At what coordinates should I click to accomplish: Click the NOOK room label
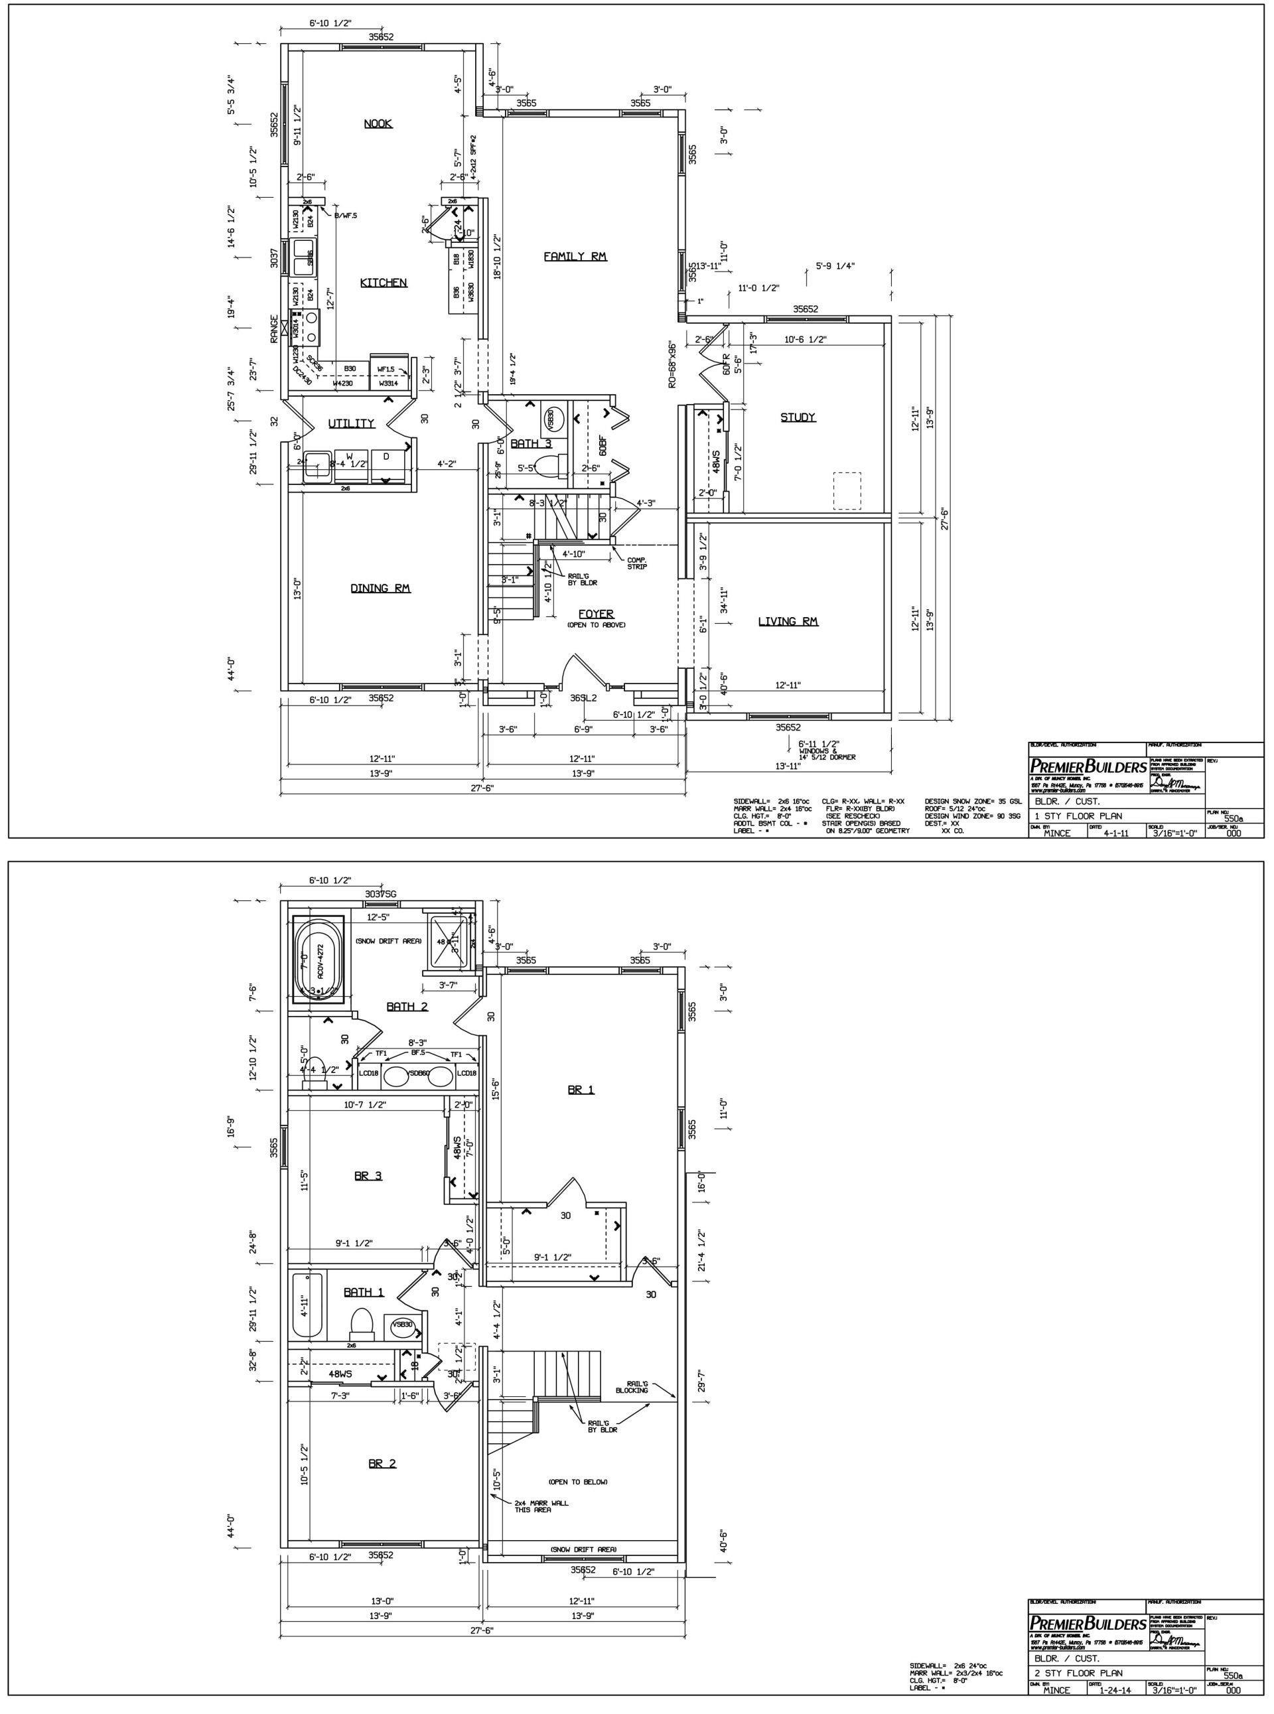(x=378, y=123)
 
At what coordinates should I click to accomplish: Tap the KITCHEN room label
(x=384, y=283)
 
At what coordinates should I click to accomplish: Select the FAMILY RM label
(x=575, y=256)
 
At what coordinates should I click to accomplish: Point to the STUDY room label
(x=798, y=417)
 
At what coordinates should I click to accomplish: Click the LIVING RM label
(x=788, y=622)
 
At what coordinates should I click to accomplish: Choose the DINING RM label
(x=380, y=589)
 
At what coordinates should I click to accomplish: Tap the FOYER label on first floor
(x=595, y=614)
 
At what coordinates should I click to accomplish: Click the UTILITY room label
(x=351, y=423)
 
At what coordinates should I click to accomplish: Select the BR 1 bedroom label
(x=581, y=1090)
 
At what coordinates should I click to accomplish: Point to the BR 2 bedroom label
(x=382, y=1463)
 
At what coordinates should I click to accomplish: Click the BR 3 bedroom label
(x=368, y=1176)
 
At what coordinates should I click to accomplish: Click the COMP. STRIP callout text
(x=637, y=563)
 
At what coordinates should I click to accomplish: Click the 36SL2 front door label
(x=584, y=698)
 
